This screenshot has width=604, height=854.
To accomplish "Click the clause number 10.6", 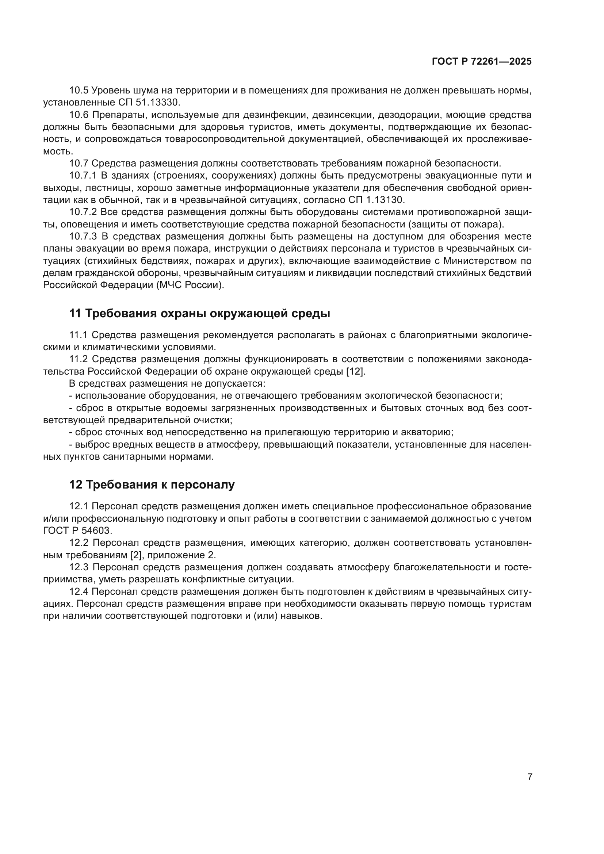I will click(x=79, y=115).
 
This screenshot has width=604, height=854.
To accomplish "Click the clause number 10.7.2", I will click(x=83, y=212).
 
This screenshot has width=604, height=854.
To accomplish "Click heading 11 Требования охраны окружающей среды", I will click(x=200, y=314).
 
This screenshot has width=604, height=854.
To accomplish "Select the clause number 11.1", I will click(x=79, y=335).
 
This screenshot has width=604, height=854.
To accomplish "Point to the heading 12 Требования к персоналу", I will click(x=152, y=485).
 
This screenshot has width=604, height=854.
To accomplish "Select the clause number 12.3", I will click(x=79, y=567).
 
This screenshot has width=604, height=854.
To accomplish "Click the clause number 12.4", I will click(x=79, y=592).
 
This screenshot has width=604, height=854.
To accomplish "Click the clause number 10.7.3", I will click(x=83, y=237).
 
